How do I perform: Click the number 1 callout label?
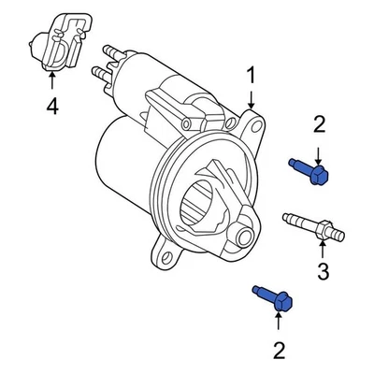[x=249, y=75]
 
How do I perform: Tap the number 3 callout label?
[x=323, y=272]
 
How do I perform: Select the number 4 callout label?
[x=51, y=108]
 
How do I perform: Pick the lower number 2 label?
[x=279, y=351]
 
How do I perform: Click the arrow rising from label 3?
[x=323, y=248]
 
